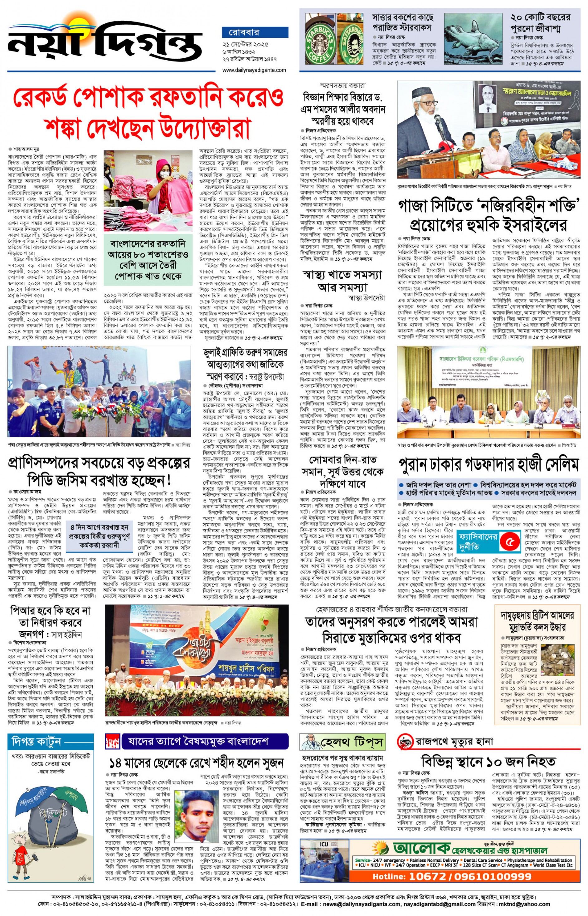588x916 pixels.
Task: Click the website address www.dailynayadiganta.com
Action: (254, 70)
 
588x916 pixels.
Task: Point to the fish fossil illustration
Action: (473, 39)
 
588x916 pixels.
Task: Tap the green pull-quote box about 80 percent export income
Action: (148, 260)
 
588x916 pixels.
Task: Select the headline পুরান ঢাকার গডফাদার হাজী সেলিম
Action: (488, 465)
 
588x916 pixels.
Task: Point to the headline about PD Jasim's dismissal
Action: (99, 472)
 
